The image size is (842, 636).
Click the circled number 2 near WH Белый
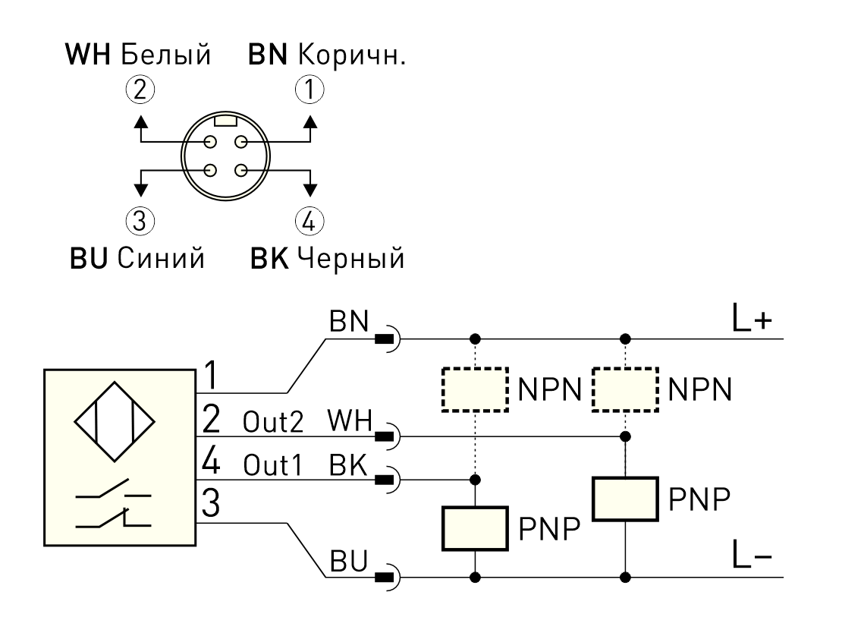pos(140,89)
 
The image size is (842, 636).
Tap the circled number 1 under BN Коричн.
pos(309,89)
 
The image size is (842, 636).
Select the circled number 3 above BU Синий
pos(140,221)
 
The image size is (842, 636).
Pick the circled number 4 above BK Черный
pos(309,221)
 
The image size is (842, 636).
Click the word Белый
pos(166,55)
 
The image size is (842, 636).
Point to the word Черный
pos(350,258)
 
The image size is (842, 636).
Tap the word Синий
pos(161,258)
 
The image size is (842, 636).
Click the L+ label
pos(752,319)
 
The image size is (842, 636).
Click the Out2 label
pos(273,422)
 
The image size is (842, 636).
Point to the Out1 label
pos(273,465)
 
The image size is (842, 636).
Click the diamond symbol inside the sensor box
pos(115,422)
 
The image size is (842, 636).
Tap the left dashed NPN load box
pos(475,389)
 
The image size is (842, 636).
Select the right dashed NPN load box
pos(626,389)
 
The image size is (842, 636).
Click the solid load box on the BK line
pos(475,528)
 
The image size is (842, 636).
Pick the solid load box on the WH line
pos(626,499)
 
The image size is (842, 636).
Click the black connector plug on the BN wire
pos(384,339)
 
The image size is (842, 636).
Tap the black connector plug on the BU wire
pos(384,578)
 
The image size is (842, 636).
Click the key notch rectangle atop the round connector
pos(225,120)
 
